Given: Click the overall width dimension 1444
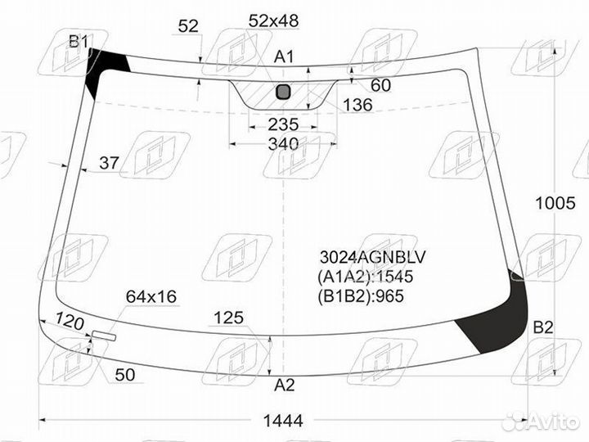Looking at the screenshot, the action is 283,421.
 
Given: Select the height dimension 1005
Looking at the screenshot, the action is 555,203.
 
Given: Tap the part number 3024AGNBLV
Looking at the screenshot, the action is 373,258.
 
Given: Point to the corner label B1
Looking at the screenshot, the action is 79,41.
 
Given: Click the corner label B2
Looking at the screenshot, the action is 543,327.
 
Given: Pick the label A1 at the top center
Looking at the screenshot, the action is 284,56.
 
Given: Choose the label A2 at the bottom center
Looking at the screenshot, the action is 285,385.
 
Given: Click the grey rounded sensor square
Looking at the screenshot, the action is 283,92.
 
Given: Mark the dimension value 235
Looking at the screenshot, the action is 283,124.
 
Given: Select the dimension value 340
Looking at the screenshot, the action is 283,144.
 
